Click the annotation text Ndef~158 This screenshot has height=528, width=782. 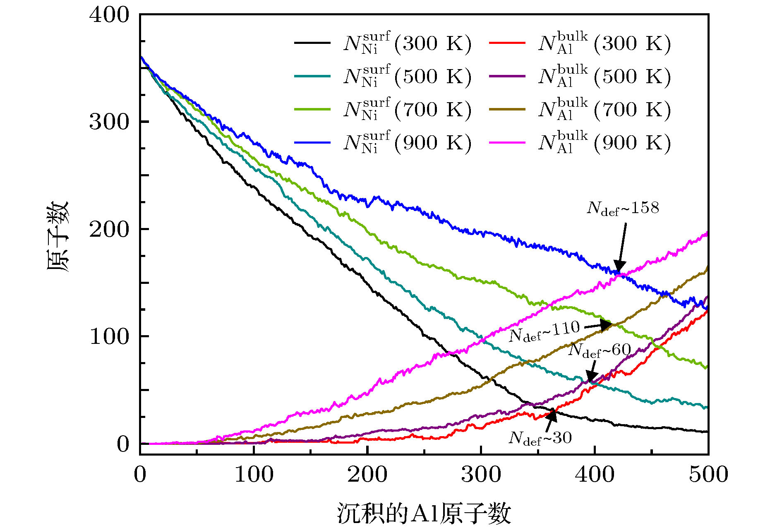click(x=623, y=208)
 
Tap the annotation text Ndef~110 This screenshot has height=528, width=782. click(x=544, y=331)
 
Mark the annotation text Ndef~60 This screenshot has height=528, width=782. click(x=600, y=350)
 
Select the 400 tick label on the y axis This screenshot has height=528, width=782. click(x=109, y=15)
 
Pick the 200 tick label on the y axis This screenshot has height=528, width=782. click(x=109, y=229)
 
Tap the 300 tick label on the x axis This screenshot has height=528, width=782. click(x=481, y=474)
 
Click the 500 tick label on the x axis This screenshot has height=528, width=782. click(x=708, y=474)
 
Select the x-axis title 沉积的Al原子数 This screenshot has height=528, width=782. click(x=424, y=513)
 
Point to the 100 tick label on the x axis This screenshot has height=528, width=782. click(x=254, y=474)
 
